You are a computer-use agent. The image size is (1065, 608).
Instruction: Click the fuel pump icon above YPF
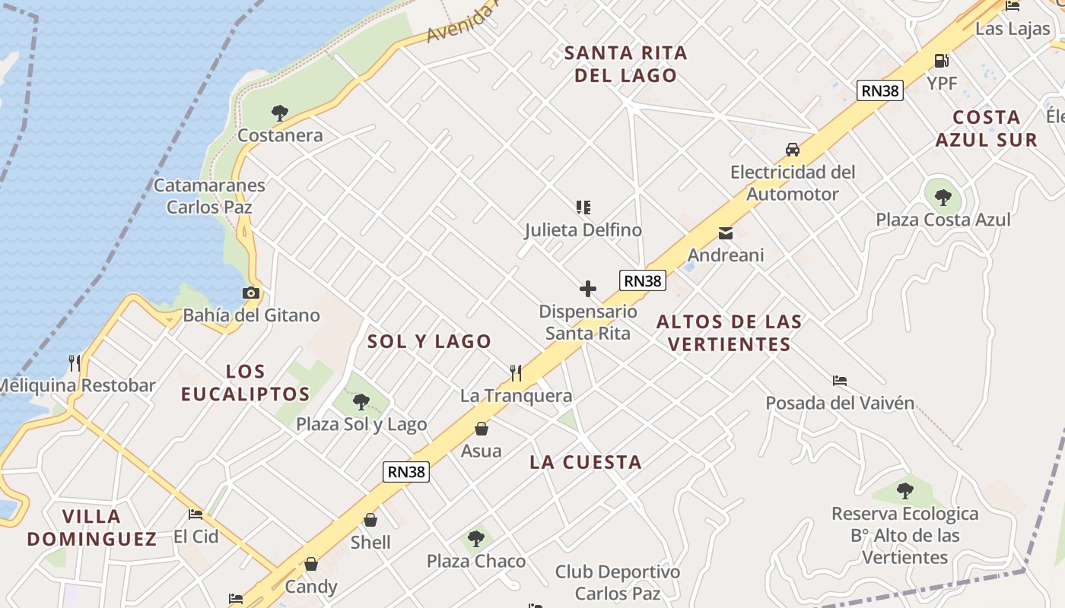coord(941,61)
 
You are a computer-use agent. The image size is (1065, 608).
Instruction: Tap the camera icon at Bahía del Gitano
coord(250,293)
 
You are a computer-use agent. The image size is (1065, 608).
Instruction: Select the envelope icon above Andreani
coord(726,233)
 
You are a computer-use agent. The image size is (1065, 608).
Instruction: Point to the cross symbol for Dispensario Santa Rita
coord(588,289)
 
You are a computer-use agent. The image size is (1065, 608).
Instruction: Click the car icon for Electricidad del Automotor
coord(793,150)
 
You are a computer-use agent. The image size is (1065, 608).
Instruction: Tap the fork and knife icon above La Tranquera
coord(516,372)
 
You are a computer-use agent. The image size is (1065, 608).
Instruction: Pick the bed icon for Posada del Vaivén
coord(840,380)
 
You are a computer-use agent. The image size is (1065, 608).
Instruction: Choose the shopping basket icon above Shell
coord(370,520)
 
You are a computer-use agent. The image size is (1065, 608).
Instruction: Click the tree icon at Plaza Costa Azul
coord(943,198)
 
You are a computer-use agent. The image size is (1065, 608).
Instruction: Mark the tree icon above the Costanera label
coord(280,113)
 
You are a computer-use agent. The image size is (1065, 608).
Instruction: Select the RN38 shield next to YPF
coord(880,90)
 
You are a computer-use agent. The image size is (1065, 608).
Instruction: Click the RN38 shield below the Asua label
coord(406,471)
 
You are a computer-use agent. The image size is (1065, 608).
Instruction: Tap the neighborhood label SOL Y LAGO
coord(430,341)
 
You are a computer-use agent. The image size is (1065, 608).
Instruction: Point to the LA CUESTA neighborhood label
coord(586,462)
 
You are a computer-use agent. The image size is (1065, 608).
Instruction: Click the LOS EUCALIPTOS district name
coord(246,382)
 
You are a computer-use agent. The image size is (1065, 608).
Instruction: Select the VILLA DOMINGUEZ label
coord(92,527)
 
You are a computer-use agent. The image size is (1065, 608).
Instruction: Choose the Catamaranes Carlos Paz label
coord(209,196)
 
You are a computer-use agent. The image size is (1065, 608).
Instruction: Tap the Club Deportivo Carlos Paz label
coord(618,582)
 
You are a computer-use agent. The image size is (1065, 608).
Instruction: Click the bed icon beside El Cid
coord(196,514)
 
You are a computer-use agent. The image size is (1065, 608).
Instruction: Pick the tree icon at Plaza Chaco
coord(476,539)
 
